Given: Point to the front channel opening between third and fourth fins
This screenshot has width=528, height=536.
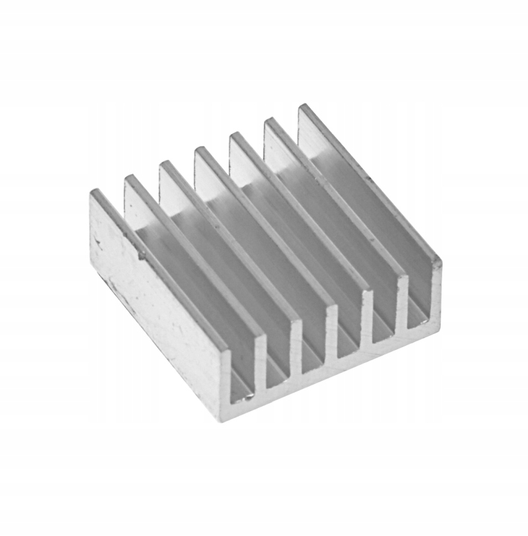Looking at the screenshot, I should pyautogui.click(x=313, y=356).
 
